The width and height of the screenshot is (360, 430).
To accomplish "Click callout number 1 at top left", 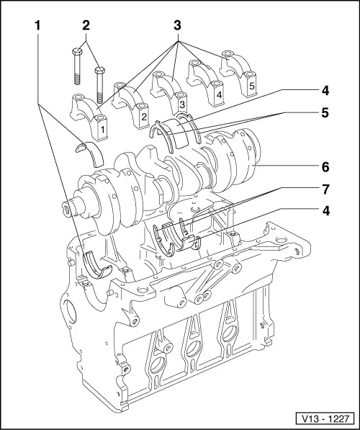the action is coord(37,25).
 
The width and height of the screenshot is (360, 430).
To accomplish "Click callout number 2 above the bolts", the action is coord(86,25).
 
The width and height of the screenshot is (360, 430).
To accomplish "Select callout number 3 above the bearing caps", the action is coord(177,25).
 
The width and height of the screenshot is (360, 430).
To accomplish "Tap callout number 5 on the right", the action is coord(325,112).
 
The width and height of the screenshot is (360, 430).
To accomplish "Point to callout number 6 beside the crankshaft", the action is coord(325,167).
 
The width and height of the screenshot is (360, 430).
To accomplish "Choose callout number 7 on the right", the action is coord(325,189).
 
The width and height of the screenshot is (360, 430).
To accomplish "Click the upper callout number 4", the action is coord(325,91).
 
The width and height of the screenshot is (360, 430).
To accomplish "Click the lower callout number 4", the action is coord(325,211).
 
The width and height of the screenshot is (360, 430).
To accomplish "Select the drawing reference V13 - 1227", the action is coord(325,418).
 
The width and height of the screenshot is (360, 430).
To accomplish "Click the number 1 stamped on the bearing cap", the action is coord(102,130).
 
